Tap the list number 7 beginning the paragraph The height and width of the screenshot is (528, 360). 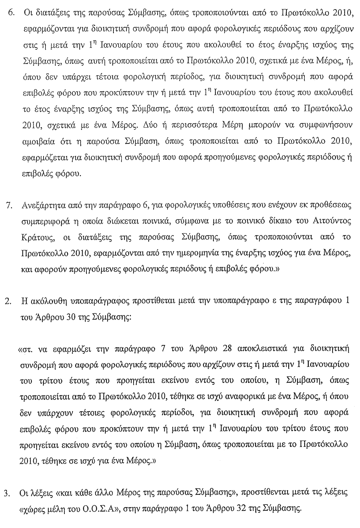[11, 205]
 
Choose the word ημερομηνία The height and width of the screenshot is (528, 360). [206, 253]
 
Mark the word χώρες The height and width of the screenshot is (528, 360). [32, 508]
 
